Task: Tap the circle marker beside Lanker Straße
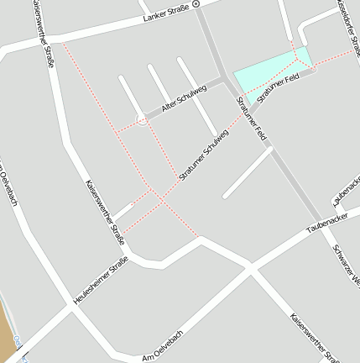coord(196,4)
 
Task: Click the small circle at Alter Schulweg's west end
coord(142,120)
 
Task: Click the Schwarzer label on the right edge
coord(347,261)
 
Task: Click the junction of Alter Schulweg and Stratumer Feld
coord(223,81)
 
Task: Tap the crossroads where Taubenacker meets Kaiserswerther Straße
coord(250,268)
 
